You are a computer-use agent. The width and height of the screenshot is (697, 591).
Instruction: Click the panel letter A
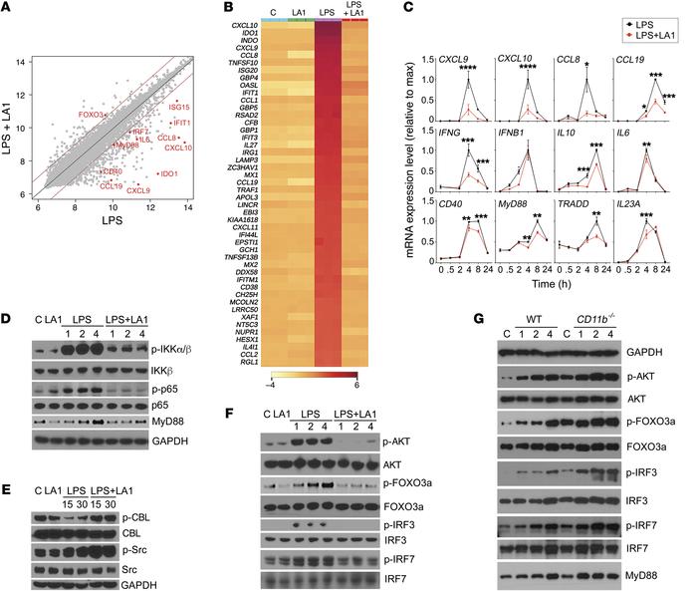pyautogui.click(x=10, y=11)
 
